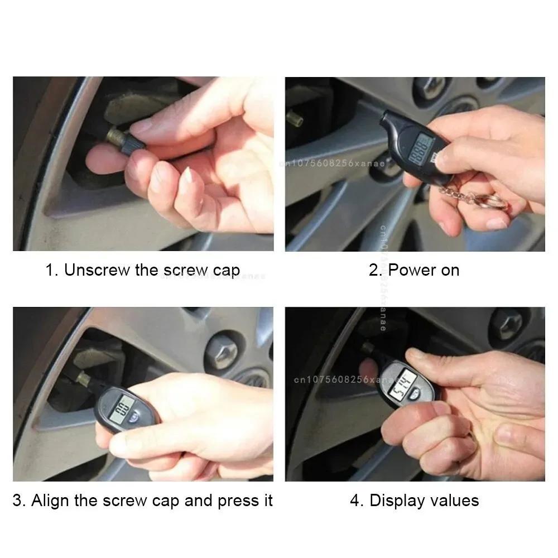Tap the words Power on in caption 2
click(x=424, y=270)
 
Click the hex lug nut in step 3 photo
click(x=222, y=350)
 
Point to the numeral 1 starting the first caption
click(x=50, y=270)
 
